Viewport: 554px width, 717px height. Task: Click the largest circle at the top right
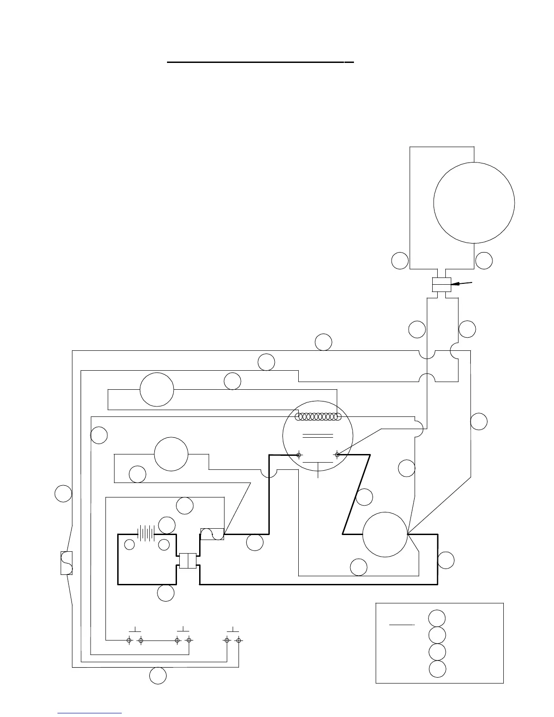click(474, 202)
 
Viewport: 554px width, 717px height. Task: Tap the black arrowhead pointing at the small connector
click(455, 284)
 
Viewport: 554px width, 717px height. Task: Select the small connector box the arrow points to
click(442, 285)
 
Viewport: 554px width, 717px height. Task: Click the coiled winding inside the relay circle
click(318, 417)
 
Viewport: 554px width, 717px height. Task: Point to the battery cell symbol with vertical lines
click(147, 533)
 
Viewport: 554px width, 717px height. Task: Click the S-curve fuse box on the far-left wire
click(67, 563)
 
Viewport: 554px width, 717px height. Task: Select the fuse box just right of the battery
click(212, 534)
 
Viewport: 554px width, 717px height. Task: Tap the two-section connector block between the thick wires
click(187, 560)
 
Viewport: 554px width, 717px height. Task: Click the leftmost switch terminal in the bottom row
click(129, 640)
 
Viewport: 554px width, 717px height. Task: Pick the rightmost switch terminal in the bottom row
click(239, 640)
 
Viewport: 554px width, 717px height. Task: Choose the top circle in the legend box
click(437, 618)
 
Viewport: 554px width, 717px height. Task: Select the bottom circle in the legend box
click(437, 669)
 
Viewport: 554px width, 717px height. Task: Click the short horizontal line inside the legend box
click(402, 625)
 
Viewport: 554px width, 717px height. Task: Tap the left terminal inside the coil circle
click(299, 454)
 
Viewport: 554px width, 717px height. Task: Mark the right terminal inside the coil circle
click(337, 454)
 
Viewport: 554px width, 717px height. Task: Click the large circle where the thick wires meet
click(385, 535)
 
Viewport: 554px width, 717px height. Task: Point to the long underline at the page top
click(260, 62)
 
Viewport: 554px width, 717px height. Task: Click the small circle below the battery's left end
click(129, 545)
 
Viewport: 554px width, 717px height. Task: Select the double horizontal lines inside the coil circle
click(318, 436)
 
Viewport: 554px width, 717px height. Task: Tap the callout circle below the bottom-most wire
click(158, 676)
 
